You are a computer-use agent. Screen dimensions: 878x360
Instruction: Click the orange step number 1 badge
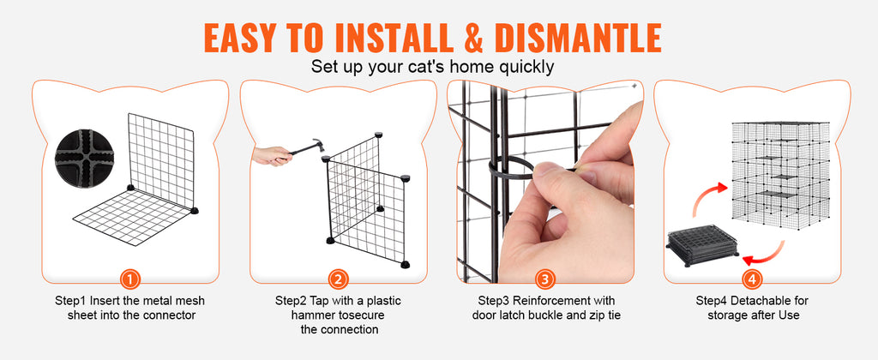coord(130,279)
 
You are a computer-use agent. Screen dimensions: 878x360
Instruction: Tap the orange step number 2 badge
coord(338,279)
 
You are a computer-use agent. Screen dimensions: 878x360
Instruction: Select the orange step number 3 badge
coord(545,279)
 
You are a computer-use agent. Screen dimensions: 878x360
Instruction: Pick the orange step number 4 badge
coord(751,279)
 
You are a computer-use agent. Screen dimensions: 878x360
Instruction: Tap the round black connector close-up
coord(85,159)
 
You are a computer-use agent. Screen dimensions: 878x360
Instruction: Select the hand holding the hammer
coord(272,155)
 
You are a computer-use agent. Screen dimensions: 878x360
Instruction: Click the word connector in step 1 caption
coord(168,315)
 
